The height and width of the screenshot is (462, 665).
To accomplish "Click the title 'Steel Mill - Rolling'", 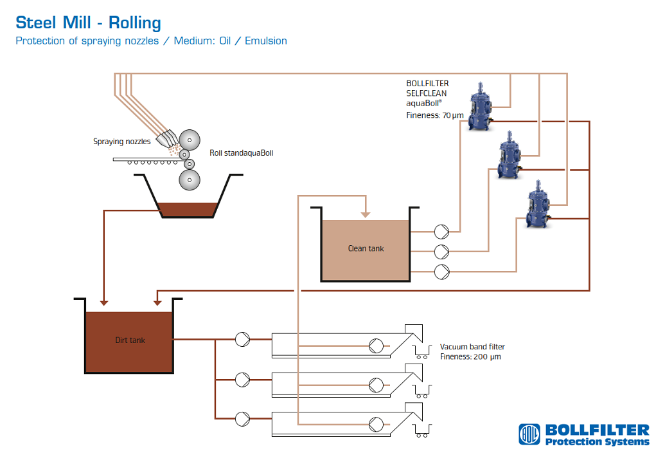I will click(x=88, y=23).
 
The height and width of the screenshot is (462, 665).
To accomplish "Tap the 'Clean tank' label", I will click(x=366, y=248).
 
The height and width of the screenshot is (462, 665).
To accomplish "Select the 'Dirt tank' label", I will click(x=130, y=340).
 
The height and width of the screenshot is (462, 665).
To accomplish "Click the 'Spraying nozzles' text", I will click(x=122, y=142).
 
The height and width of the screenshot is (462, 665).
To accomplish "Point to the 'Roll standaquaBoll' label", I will click(x=241, y=153).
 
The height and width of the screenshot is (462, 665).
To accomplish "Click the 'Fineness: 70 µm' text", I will click(x=434, y=115).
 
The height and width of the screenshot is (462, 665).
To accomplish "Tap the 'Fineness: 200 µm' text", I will click(x=470, y=356).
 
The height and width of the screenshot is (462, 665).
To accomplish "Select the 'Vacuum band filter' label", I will click(x=472, y=347).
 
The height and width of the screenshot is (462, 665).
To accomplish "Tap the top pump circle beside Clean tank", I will click(x=442, y=230).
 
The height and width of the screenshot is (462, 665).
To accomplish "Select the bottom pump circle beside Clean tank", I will click(x=442, y=272).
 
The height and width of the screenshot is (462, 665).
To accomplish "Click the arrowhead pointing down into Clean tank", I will click(x=366, y=214).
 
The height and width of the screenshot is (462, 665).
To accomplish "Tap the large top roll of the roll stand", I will click(x=190, y=140).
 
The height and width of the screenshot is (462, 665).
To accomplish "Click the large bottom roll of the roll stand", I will click(x=190, y=180).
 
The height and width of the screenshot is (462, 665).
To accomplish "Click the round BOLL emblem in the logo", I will click(x=530, y=434).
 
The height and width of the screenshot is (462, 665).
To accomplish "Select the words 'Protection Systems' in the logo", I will click(x=597, y=441).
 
